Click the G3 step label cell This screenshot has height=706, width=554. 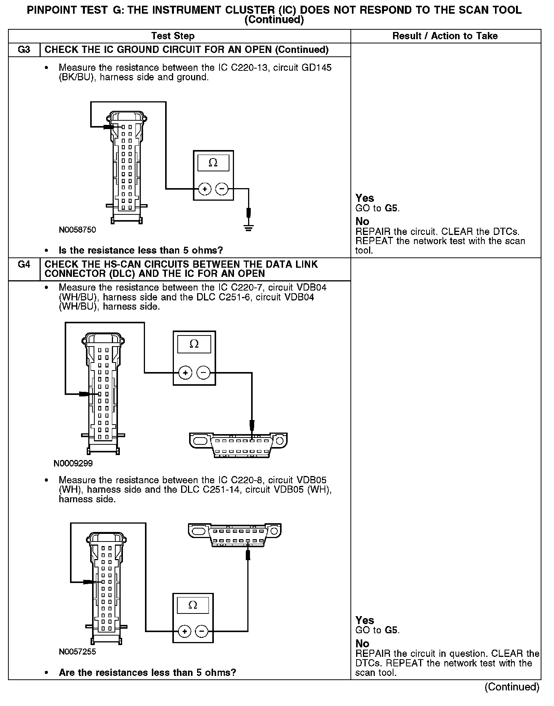click(x=24, y=50)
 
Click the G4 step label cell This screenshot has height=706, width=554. click(x=24, y=265)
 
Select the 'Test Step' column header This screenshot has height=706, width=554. click(x=173, y=36)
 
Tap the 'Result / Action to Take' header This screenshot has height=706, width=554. click(x=445, y=36)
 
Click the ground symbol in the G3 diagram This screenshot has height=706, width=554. click(x=248, y=228)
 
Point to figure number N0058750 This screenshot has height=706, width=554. click(x=77, y=230)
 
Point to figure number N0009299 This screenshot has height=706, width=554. click(x=73, y=463)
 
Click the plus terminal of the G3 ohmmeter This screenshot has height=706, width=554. click(x=205, y=189)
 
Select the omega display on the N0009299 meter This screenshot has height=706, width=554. click(x=194, y=344)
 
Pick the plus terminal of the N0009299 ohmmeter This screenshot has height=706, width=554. click(x=185, y=373)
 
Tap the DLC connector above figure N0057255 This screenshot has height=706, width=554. click(x=234, y=535)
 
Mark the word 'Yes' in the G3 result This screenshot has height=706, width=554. click(x=365, y=198)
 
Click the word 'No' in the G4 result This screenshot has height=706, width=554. click(x=362, y=644)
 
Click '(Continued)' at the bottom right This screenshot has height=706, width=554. click(x=512, y=687)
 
